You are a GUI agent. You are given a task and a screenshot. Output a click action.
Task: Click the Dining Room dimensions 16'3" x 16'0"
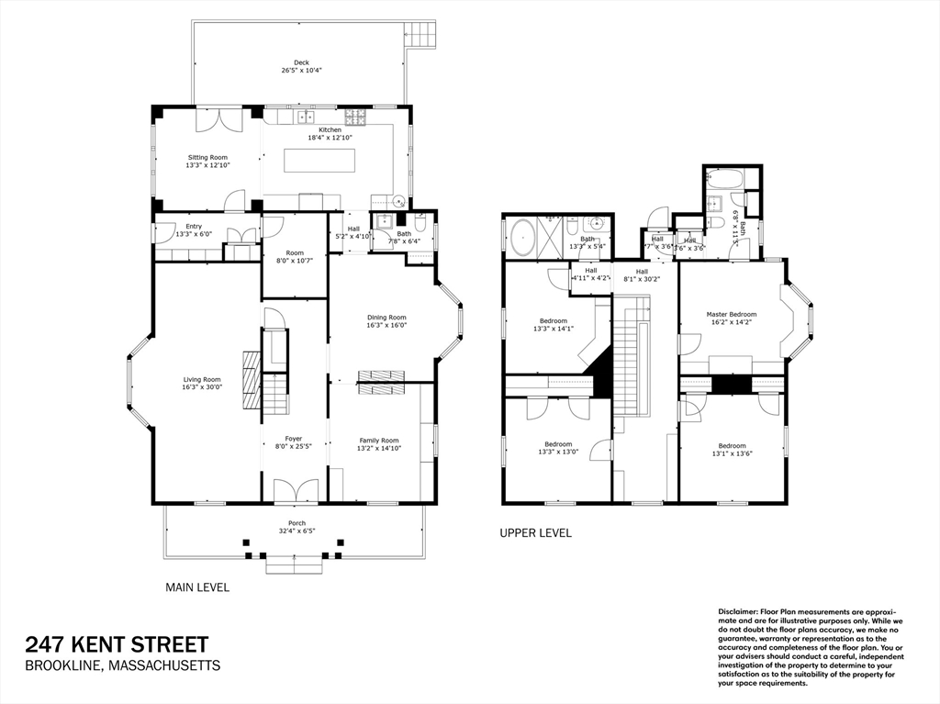point(386,324)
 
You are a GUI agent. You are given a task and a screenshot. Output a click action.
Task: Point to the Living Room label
point(202,379)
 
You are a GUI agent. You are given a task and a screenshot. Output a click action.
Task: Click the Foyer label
point(294,439)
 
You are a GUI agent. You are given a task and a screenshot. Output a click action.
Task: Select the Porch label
point(297,523)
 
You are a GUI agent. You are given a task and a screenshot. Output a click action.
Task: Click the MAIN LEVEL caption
point(197,587)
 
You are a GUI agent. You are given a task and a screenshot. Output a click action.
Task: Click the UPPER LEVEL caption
point(535,532)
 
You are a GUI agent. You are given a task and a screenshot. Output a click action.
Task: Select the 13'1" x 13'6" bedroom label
point(733,445)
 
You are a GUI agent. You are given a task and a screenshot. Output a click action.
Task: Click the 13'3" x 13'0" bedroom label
point(557,444)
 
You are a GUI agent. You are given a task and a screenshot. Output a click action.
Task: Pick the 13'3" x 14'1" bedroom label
point(553,321)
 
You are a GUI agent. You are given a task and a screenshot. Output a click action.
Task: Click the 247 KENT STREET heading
point(117,644)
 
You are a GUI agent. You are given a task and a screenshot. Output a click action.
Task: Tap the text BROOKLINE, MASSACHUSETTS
point(122,665)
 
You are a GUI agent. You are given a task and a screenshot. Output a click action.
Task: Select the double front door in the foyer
point(297,491)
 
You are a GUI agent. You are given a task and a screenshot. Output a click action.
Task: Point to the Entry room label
point(194,226)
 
